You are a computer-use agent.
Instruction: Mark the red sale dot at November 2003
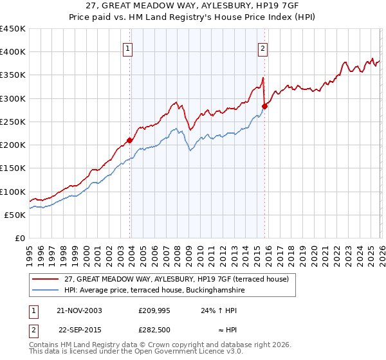[130, 140]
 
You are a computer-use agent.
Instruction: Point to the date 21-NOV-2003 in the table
[80, 310]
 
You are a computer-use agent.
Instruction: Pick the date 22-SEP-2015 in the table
[80, 330]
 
